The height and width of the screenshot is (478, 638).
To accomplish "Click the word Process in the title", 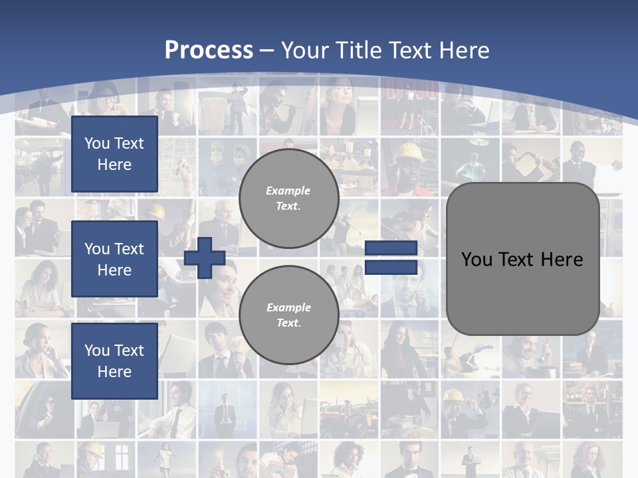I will pos(209,50).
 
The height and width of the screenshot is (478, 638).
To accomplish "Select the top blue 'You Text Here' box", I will pos(114,154).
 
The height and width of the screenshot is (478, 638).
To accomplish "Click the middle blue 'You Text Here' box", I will pos(114,259).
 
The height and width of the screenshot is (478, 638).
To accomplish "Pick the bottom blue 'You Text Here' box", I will pos(114,360).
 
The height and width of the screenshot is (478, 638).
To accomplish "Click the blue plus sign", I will pos(205,258).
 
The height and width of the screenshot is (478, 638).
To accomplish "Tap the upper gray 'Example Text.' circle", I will pos(288,199).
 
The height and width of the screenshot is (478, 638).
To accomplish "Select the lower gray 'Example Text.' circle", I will pos(288,315).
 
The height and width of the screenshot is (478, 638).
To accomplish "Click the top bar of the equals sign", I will pos(391,248).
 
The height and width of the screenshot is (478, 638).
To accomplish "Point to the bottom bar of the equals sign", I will pos(391,267).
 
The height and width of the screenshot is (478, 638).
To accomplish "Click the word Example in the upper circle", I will pos(288,191).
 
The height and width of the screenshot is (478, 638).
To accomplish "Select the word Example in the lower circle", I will pos(288,307).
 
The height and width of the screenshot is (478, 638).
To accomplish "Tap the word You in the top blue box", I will pos(97,143).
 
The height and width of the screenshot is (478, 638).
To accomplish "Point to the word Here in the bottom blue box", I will pos(114,372).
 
